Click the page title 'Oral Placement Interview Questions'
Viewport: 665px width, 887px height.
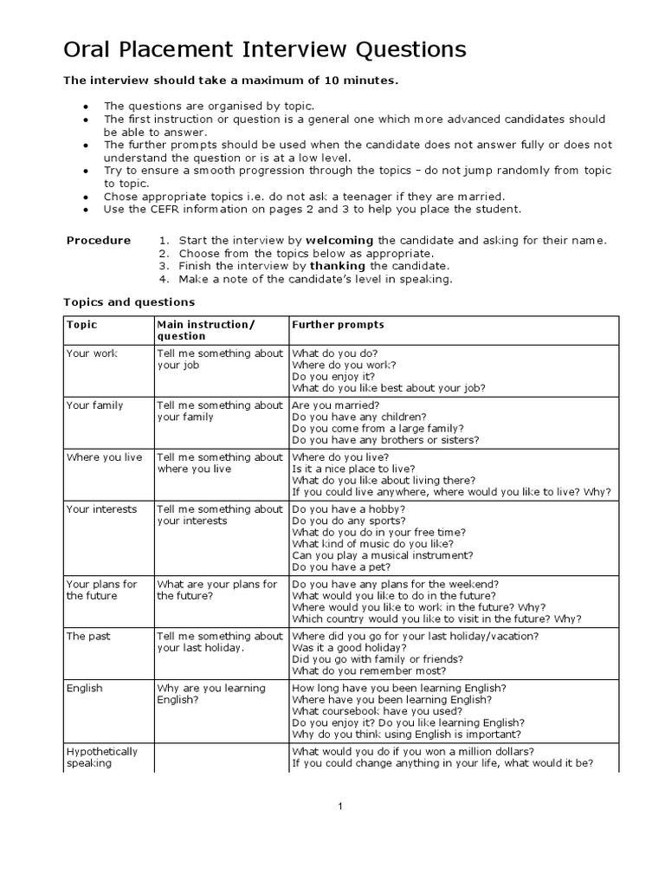click(x=265, y=49)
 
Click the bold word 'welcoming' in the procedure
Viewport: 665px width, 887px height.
click(x=339, y=240)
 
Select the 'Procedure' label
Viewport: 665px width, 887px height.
click(x=99, y=240)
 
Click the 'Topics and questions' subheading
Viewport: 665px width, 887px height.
click(x=129, y=302)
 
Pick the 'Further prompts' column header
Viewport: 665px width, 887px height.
click(x=338, y=325)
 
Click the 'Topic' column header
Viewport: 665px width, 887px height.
click(x=82, y=325)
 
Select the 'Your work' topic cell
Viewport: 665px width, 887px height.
click(x=92, y=353)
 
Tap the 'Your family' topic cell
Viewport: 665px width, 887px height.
click(x=94, y=405)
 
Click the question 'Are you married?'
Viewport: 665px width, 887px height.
click(x=335, y=405)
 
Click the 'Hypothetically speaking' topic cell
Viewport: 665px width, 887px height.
click(x=101, y=757)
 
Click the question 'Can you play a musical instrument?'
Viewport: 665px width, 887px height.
click(x=382, y=555)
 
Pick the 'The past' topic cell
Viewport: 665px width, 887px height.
click(x=88, y=636)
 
